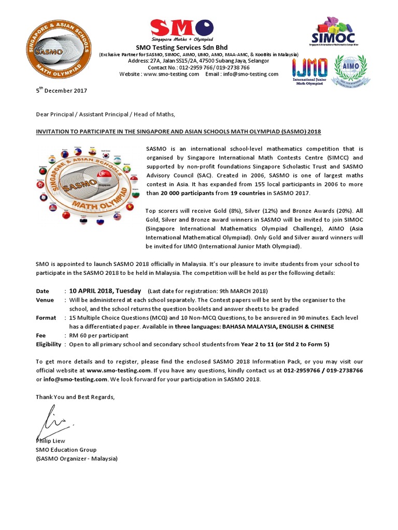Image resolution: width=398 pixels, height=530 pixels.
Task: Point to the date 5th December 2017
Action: (61, 91)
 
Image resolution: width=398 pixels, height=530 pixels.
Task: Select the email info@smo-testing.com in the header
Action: (249, 74)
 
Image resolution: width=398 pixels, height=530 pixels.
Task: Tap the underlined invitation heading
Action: (178, 131)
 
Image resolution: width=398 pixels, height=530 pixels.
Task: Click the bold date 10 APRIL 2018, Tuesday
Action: (106, 290)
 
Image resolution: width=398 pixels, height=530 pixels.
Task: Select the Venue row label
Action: (45, 300)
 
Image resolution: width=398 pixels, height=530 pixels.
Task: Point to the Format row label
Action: (46, 318)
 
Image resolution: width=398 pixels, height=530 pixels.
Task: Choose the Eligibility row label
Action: (48, 344)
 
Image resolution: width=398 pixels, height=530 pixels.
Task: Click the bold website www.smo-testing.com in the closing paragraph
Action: (118, 371)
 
